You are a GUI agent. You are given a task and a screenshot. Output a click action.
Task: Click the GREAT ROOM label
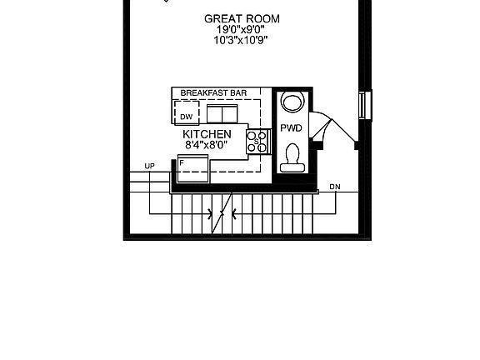pyautogui.click(x=242, y=19)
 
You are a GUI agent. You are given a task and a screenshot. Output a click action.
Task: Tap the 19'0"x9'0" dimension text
pyautogui.click(x=241, y=30)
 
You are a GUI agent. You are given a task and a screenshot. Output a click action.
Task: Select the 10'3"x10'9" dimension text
pyautogui.click(x=241, y=40)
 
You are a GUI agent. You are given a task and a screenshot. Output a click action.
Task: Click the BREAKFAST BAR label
pyautogui.click(x=213, y=93)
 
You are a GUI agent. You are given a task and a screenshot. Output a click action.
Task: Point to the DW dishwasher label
pyautogui.click(x=187, y=117)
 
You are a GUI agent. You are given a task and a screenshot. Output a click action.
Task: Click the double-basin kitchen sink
pyautogui.click(x=222, y=113)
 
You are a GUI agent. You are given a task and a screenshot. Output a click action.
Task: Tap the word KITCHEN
pyautogui.click(x=207, y=134)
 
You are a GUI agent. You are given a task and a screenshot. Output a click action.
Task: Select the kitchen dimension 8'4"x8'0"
pyautogui.click(x=207, y=145)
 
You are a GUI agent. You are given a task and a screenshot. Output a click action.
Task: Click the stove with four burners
pyautogui.click(x=258, y=142)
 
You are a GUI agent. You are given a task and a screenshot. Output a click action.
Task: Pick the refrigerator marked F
pyautogui.click(x=193, y=168)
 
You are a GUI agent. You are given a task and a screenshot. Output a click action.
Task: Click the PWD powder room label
pyautogui.click(x=291, y=128)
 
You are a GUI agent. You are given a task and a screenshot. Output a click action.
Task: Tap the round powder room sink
pyautogui.click(x=293, y=102)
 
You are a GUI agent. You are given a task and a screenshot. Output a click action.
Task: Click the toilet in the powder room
pyautogui.click(x=292, y=158)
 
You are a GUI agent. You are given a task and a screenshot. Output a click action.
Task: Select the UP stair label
pyautogui.click(x=150, y=166)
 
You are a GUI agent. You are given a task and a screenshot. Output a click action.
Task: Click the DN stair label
pyautogui.click(x=335, y=187)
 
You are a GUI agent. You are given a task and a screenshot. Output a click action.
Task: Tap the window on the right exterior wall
pyautogui.click(x=365, y=106)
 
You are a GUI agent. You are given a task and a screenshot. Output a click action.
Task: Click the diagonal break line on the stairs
pyautogui.click(x=222, y=213)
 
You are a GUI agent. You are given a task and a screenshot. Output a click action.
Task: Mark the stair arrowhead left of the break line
pyautogui.click(x=210, y=213)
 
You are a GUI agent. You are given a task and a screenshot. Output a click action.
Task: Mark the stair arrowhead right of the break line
pyautogui.click(x=234, y=213)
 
